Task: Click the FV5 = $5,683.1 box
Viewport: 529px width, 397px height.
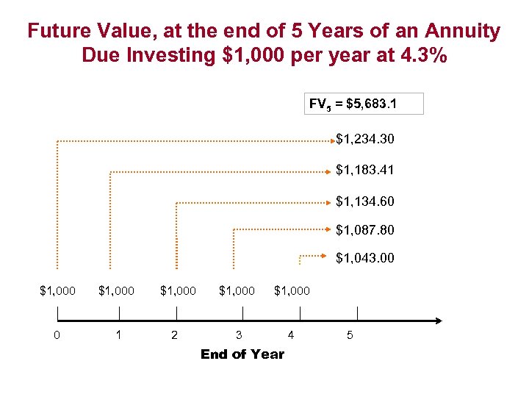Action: pyautogui.click(x=364, y=104)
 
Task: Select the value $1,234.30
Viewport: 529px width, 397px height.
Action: pyautogui.click(x=364, y=138)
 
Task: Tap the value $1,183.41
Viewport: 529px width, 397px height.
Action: pyautogui.click(x=364, y=170)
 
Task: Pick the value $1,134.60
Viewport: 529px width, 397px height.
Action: pyautogui.click(x=364, y=201)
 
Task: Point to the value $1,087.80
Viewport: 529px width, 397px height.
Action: pyautogui.click(x=364, y=230)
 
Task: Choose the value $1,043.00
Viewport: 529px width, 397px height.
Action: pyautogui.click(x=364, y=259)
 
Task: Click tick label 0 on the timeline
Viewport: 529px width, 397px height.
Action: pyautogui.click(x=57, y=336)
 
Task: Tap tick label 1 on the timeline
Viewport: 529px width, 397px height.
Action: pyautogui.click(x=119, y=336)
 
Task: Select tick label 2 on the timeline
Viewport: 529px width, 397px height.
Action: pyautogui.click(x=173, y=336)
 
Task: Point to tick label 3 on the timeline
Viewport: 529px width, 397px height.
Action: pyautogui.click(x=238, y=336)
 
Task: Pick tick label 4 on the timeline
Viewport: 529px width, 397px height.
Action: pyautogui.click(x=292, y=336)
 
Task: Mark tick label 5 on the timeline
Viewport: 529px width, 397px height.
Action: pyautogui.click(x=350, y=336)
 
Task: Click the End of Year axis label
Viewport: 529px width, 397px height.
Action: pyautogui.click(x=242, y=354)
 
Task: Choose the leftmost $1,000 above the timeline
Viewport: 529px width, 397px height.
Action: pyautogui.click(x=57, y=291)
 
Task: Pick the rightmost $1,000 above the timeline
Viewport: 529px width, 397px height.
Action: pyautogui.click(x=292, y=291)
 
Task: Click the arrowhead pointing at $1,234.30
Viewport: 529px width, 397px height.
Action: pyautogui.click(x=332, y=138)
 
